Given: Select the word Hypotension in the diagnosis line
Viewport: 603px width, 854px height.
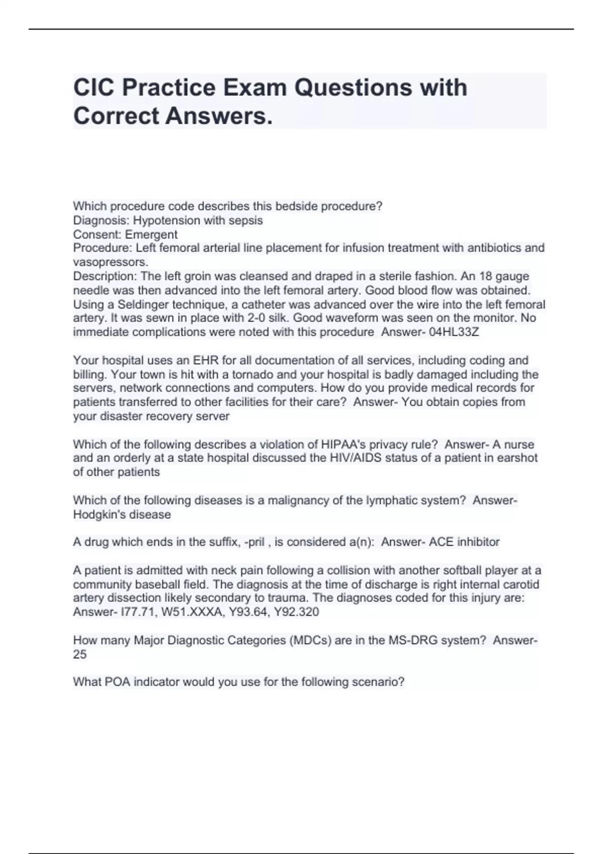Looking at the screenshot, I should pos(163,221).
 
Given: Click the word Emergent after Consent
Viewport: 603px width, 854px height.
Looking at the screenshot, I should pos(151,235).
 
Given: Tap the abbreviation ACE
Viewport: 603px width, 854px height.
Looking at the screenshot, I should pos(441,542).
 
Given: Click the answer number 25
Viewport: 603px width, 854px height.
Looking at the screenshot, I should pos(80,655).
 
